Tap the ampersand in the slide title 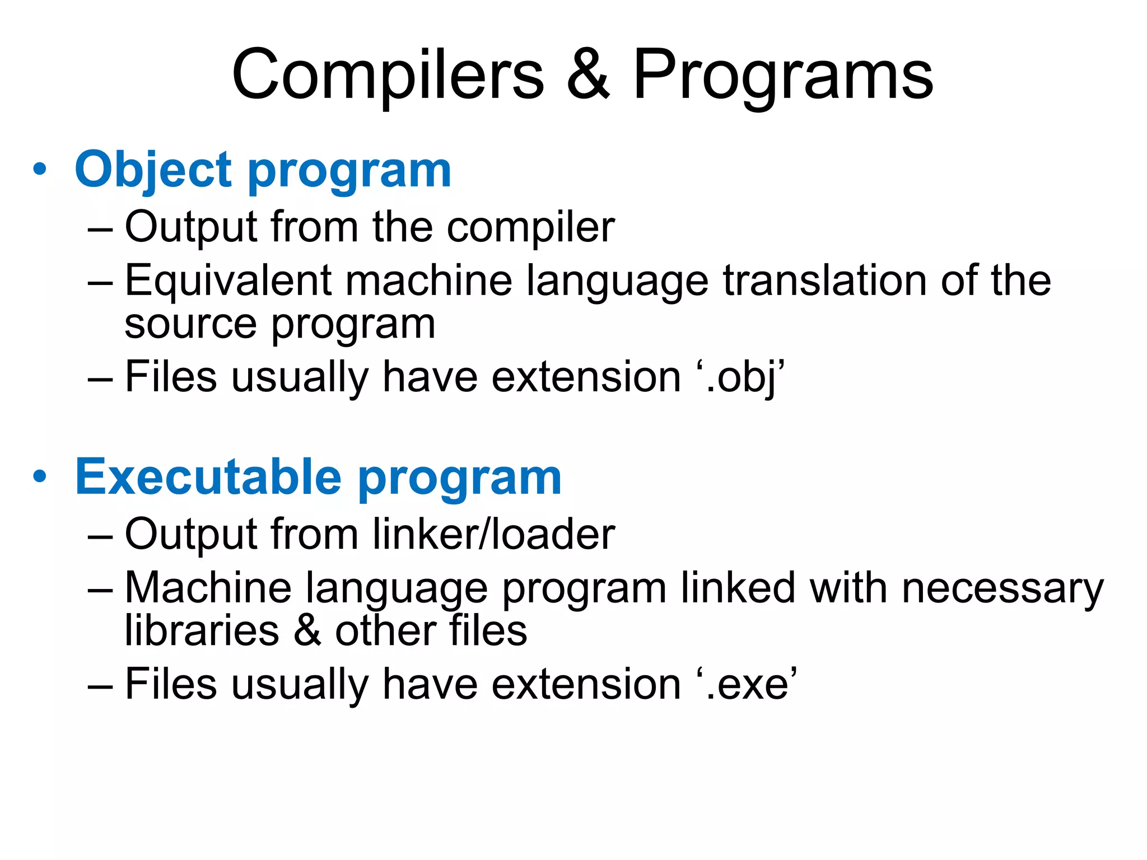tap(588, 75)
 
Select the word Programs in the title tap(782, 75)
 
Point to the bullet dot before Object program tap(39, 170)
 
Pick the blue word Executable tap(208, 477)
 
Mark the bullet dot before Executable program tap(39, 477)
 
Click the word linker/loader tap(493, 534)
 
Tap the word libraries tap(202, 630)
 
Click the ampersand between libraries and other tap(307, 630)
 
